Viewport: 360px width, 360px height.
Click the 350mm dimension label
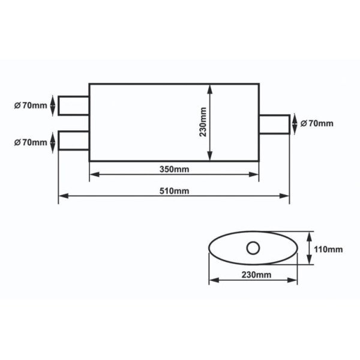coord(174,169)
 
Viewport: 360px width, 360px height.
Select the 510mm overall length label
coord(174,191)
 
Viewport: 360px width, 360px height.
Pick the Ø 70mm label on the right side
coord(316,124)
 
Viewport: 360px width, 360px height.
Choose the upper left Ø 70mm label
coord(30,106)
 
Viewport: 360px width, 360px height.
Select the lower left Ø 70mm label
coord(30,142)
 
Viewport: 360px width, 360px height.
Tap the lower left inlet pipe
coord(73,141)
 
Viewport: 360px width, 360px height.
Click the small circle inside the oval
coord(253,247)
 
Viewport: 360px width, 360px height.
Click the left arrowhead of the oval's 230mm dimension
coord(211,280)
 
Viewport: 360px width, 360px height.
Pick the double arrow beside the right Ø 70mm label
coord(293,124)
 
